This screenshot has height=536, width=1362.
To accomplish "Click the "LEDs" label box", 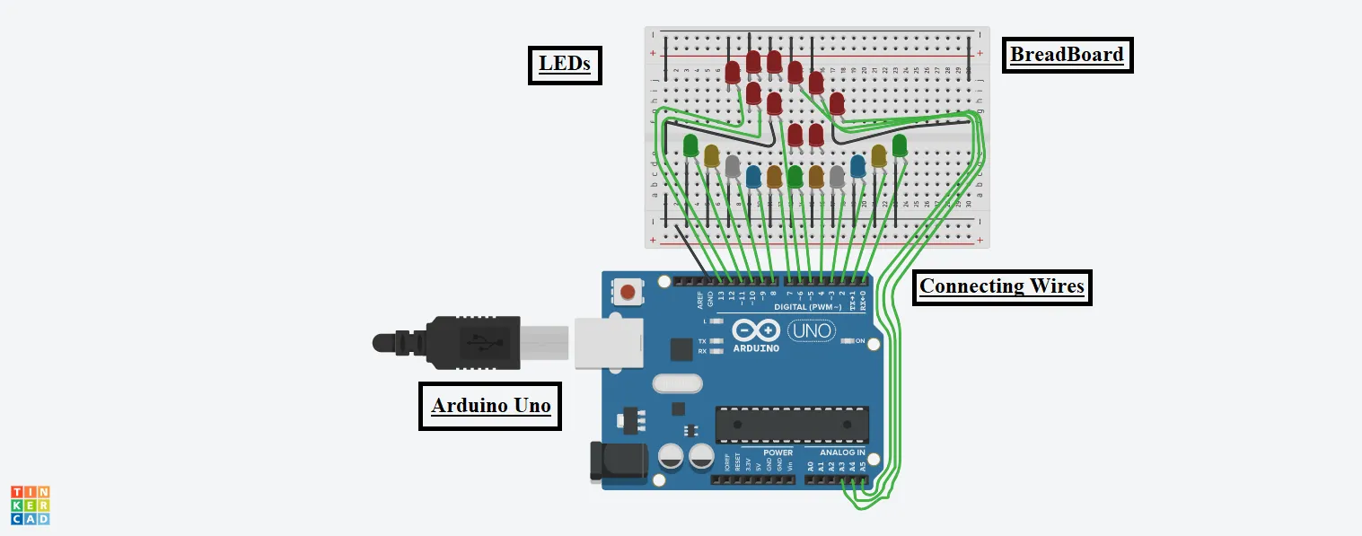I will point(565,65).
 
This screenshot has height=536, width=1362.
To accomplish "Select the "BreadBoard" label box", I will point(1067,55).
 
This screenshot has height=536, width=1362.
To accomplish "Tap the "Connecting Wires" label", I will point(1002,287).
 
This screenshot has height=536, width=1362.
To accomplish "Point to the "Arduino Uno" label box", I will point(490,406).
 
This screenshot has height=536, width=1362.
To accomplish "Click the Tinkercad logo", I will point(31,505).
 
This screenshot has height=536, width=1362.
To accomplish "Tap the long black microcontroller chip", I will point(792,424).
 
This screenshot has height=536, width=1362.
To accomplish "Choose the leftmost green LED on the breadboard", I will point(690,145).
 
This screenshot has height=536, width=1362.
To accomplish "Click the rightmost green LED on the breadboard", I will point(900,145).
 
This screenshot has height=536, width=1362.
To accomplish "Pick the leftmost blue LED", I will point(753,176).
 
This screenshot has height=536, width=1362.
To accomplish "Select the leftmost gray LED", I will point(733,166).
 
